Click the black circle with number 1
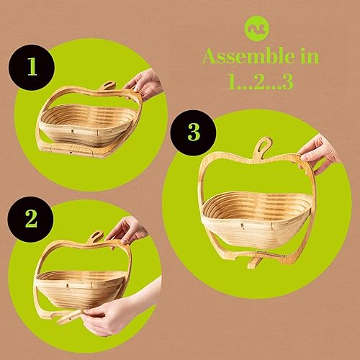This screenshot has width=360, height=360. coord(31,68)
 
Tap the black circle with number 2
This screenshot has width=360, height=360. coord(30,217)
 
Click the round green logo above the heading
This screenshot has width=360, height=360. coord(260,28)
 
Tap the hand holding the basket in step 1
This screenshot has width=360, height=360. coord(145,84)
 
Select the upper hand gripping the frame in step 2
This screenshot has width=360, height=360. coord(127,231)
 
